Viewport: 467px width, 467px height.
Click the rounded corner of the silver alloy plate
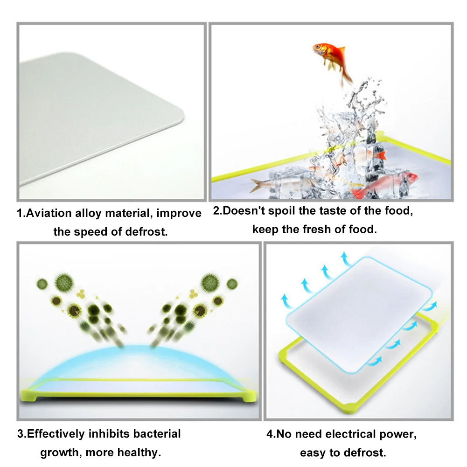point(180,119)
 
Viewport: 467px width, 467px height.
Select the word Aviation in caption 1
point(49,214)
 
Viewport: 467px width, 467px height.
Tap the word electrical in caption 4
point(354,434)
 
